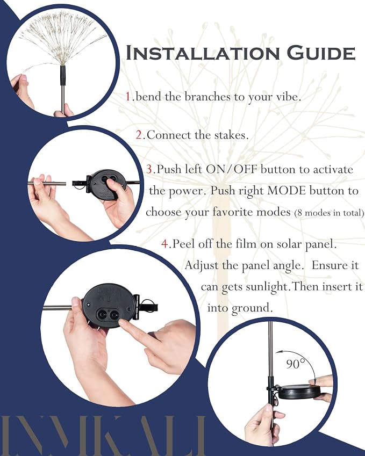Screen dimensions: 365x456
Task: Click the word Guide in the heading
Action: pos(321,53)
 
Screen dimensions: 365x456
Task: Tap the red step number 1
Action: pos(128,97)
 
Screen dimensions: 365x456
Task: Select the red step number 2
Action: pos(139,135)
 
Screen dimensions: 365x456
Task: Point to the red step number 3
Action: pos(149,169)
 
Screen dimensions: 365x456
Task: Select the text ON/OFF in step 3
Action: pos(232,169)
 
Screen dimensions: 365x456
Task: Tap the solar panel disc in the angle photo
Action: pos(298,392)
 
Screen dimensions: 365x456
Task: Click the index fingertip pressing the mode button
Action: pos(122,324)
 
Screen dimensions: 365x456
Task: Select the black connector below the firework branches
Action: pos(62,75)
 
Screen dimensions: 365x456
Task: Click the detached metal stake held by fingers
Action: pos(48,184)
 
